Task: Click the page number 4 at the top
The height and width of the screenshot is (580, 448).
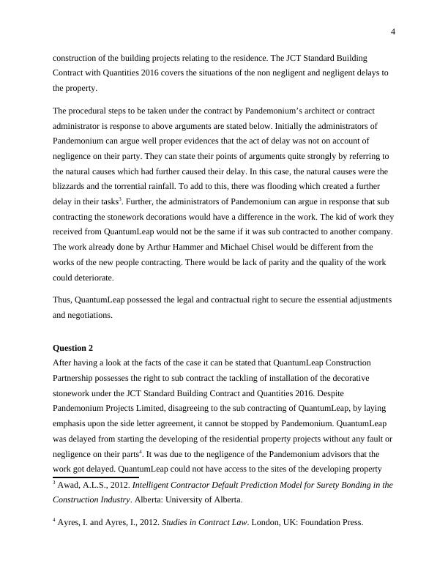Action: (393, 31)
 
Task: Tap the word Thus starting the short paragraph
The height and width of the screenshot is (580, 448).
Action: (62, 300)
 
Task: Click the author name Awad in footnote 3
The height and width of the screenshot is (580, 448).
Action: (70, 485)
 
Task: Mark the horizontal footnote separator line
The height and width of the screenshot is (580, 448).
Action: (95, 476)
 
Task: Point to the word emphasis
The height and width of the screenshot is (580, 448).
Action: (73, 424)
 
